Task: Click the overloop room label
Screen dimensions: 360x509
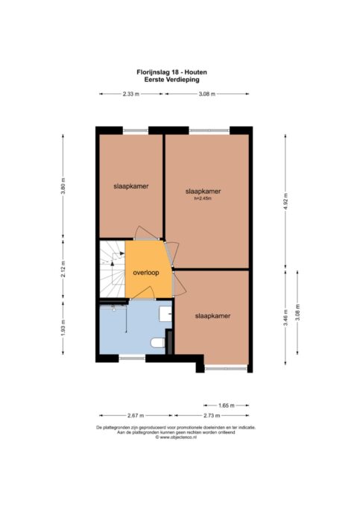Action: (146, 273)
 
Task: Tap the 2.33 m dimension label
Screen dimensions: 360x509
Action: (131, 94)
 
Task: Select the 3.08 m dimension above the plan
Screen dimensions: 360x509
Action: (206, 94)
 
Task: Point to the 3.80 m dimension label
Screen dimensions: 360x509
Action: (63, 186)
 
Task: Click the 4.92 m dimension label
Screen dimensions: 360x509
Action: (285, 201)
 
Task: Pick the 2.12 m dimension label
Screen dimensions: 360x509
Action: (63, 269)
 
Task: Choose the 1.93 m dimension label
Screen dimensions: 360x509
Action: (63, 328)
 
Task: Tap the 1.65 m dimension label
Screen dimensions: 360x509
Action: (227, 405)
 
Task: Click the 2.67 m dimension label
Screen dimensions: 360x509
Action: (136, 416)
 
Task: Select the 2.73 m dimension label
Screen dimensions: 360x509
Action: (212, 416)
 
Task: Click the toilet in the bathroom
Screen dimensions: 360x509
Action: (158, 343)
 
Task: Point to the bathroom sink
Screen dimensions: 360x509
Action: (165, 314)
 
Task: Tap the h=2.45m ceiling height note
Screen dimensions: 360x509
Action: (203, 198)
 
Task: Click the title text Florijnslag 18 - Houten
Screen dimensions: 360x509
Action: (171, 72)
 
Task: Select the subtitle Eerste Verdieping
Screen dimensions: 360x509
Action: (171, 79)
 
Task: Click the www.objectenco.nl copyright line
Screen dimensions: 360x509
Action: (176, 437)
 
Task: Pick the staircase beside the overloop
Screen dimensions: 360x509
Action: (112, 269)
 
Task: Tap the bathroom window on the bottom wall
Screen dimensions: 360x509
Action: (132, 358)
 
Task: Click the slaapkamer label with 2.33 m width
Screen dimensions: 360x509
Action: (131, 186)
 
